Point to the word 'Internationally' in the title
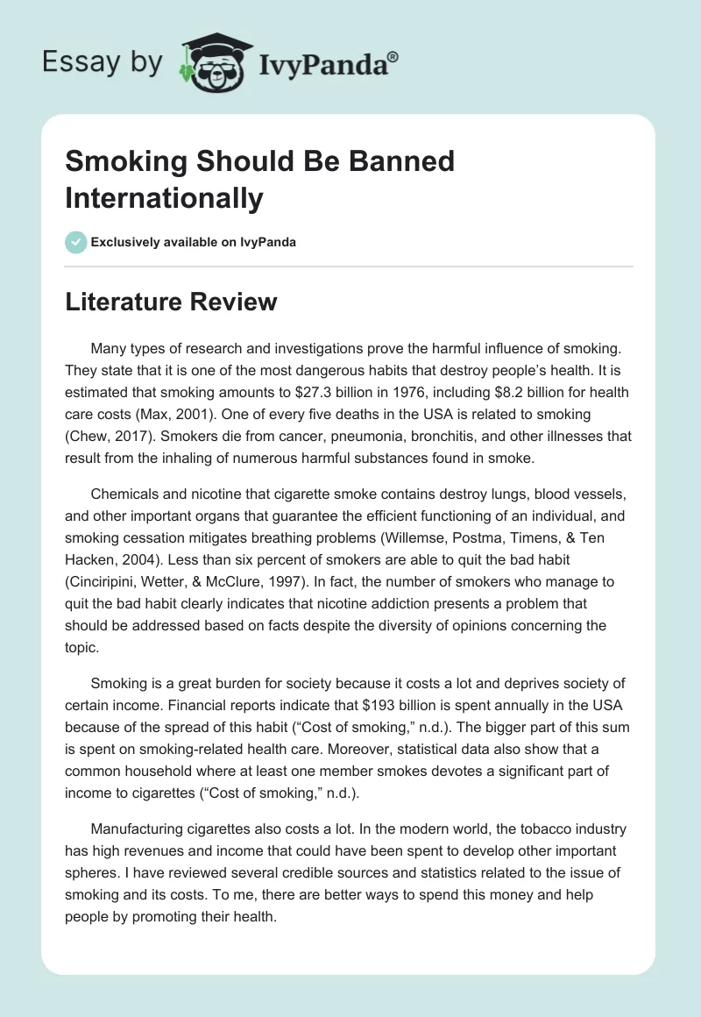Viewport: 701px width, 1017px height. pos(164,198)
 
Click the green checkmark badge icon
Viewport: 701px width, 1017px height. pos(76,242)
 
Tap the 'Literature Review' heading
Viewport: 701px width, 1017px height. pos(171,302)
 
